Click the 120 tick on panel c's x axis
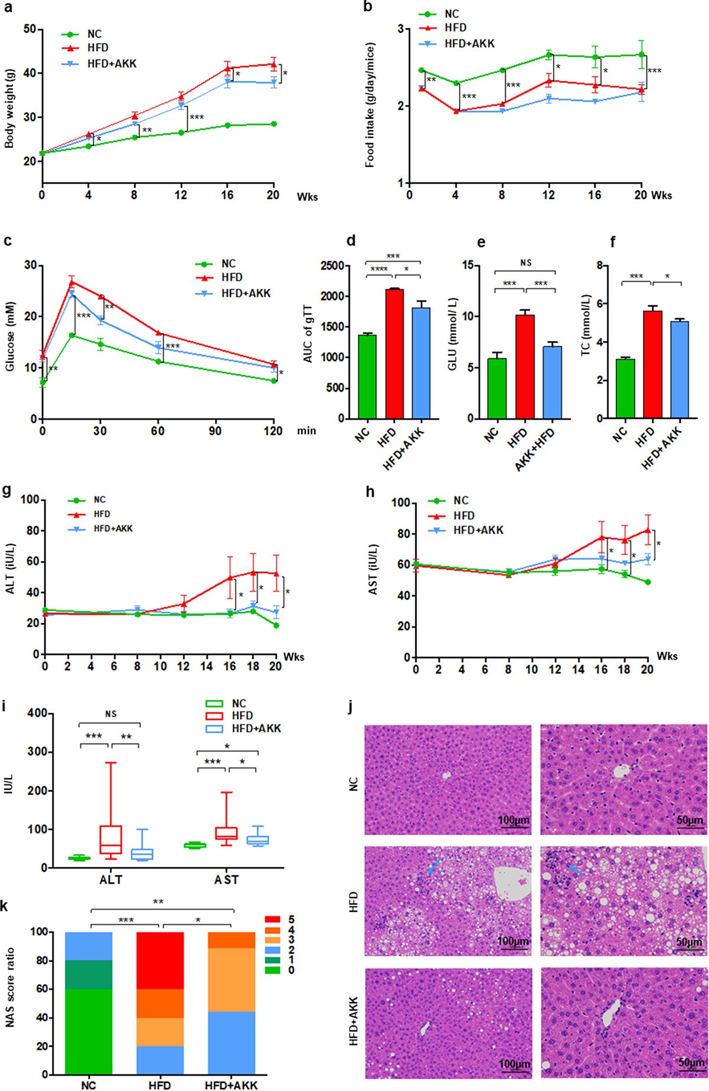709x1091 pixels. click(274, 431)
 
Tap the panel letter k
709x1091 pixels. click(5, 907)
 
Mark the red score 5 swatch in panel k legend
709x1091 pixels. click(272, 919)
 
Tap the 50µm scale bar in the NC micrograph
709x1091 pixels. click(689, 828)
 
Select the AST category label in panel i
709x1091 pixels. click(226, 880)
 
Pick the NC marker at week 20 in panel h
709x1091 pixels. click(648, 582)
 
